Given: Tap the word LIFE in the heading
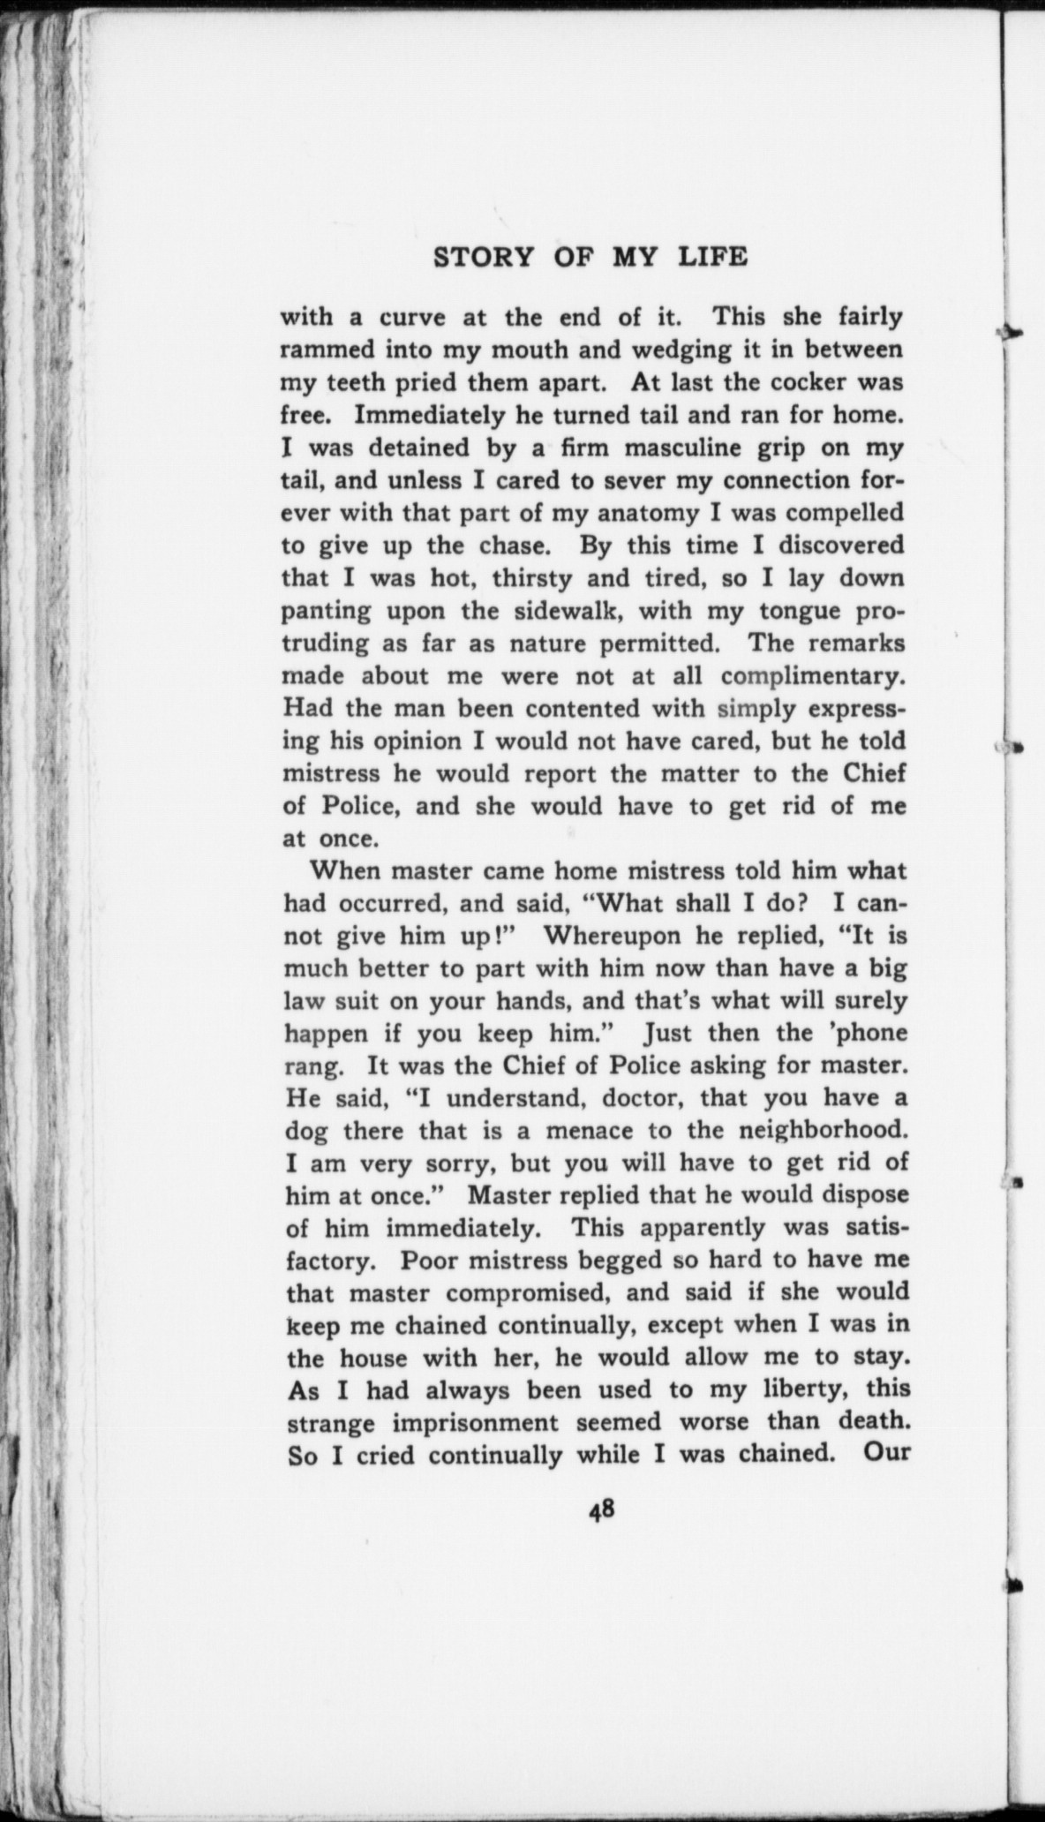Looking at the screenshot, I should [x=712, y=257].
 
